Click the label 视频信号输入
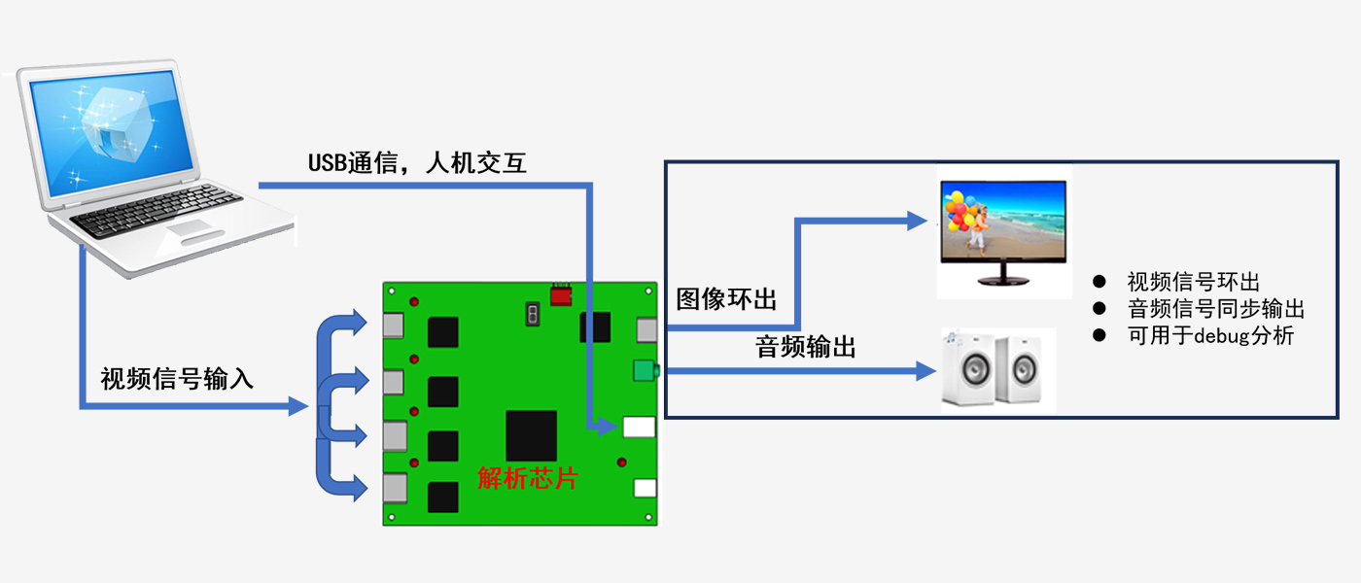(177, 379)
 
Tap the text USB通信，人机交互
(417, 162)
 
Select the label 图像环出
(726, 298)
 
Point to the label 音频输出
(806, 347)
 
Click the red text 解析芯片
(527, 478)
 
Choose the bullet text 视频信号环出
(1193, 283)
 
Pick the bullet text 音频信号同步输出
(1215, 310)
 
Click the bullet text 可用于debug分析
(1210, 337)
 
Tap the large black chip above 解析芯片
(531, 435)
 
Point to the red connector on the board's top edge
(561, 294)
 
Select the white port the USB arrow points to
(639, 427)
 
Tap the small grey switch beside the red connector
(532, 313)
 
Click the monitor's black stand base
(1002, 282)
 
